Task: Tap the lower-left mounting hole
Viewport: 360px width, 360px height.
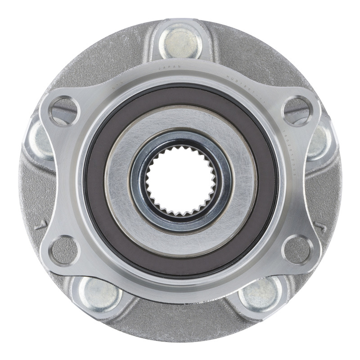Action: tap(63, 250)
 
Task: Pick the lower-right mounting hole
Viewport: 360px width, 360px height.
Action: tap(297, 250)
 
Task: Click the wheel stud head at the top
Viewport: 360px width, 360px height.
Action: tap(180, 41)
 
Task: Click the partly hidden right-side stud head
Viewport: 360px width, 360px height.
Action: tap(320, 139)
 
